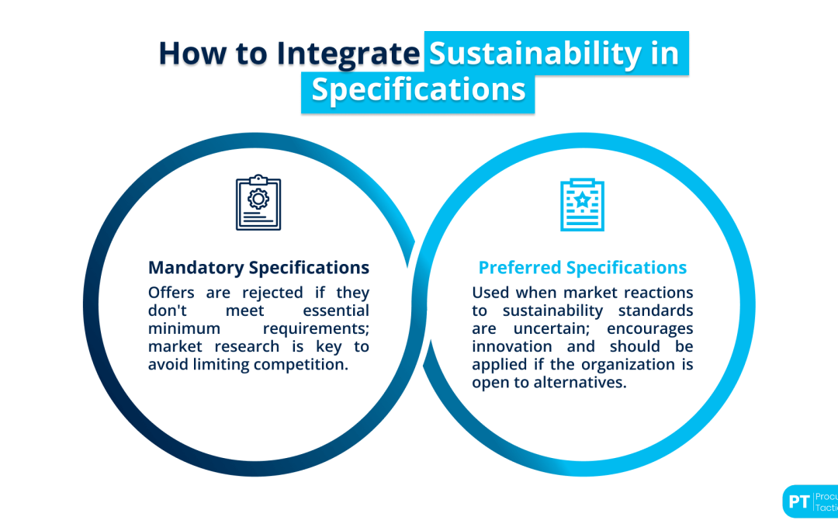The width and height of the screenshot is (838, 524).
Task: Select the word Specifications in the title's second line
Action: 418,89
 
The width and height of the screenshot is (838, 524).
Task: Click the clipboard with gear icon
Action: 258,203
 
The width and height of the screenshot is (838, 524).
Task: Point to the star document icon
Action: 582,204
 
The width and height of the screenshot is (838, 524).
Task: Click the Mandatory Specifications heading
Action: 258,268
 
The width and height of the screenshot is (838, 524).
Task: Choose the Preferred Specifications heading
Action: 582,268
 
